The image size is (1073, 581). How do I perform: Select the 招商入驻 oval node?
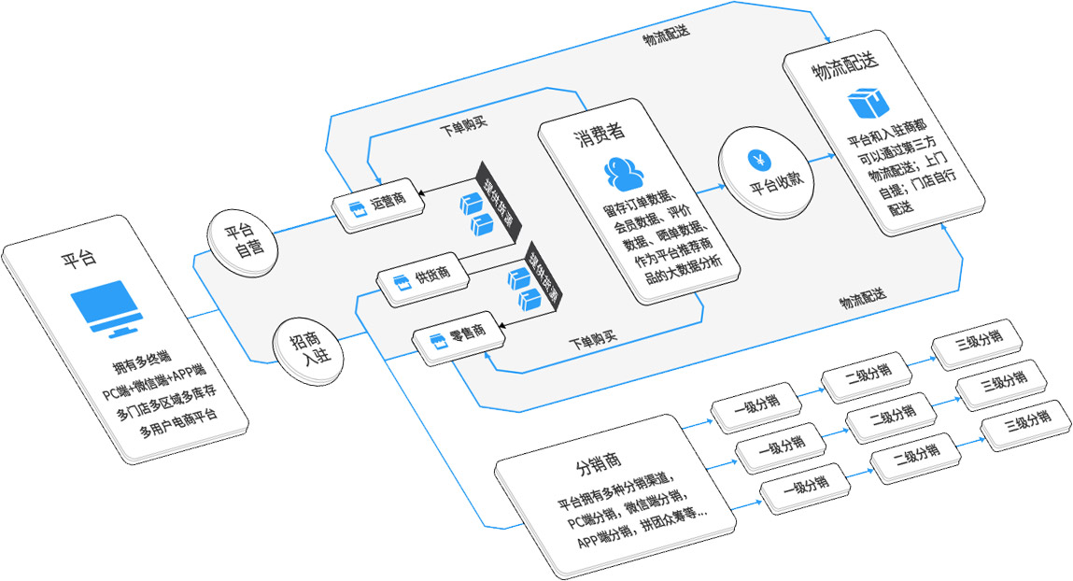pyautogui.click(x=306, y=351)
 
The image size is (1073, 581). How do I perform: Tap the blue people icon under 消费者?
pyautogui.click(x=625, y=175)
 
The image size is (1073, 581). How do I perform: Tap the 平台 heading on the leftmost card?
pyautogui.click(x=80, y=259)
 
